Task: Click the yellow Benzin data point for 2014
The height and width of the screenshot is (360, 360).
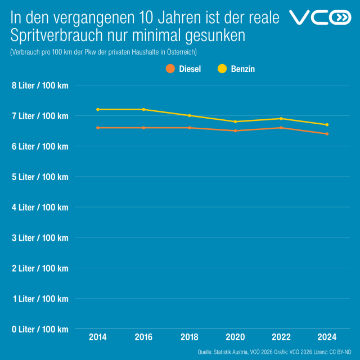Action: tap(98, 109)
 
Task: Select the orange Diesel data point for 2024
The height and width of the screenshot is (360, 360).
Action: tap(327, 134)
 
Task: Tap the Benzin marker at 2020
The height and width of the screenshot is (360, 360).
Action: tap(236, 121)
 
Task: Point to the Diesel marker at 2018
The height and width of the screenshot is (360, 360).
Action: tap(190, 128)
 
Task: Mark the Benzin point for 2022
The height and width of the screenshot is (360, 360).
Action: tap(281, 119)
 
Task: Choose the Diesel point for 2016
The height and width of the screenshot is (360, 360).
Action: tap(144, 128)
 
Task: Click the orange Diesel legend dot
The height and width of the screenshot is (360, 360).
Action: tap(170, 69)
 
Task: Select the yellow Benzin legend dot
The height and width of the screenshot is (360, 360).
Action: tap(222, 69)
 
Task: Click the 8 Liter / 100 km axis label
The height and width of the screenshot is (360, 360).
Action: tap(39, 85)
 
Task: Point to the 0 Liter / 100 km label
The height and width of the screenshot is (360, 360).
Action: tap(39, 329)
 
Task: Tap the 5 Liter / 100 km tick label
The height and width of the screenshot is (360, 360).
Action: tap(39, 177)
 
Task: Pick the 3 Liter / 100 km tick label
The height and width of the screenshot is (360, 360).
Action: tap(39, 238)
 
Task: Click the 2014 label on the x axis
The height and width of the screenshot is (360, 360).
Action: tap(98, 337)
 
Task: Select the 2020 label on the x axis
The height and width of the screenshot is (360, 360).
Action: tap(236, 337)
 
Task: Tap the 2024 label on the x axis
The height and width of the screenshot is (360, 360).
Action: tap(327, 337)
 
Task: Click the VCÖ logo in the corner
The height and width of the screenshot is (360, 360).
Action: tap(319, 18)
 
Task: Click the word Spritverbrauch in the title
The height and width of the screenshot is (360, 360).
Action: tap(56, 35)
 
